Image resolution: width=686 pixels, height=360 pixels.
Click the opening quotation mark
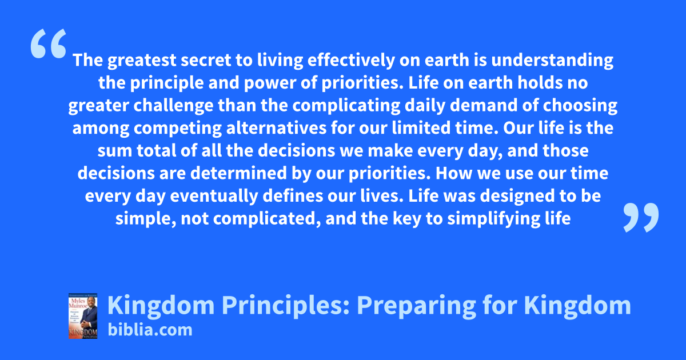click(x=49, y=43)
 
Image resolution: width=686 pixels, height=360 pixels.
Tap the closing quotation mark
click(x=641, y=217)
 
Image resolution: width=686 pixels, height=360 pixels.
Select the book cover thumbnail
click(x=83, y=316)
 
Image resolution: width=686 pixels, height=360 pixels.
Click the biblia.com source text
click(x=150, y=330)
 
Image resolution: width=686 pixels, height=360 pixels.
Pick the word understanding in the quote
click(x=552, y=61)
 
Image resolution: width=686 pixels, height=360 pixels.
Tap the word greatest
click(x=142, y=61)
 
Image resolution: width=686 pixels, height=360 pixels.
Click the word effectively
click(x=351, y=61)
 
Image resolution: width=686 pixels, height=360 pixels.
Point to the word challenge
click(x=173, y=106)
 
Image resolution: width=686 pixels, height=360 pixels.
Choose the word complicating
click(x=346, y=106)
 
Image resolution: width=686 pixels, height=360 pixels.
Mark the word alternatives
click(x=276, y=127)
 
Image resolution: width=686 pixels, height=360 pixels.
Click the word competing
click(x=178, y=128)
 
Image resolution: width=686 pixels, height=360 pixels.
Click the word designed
click(x=517, y=196)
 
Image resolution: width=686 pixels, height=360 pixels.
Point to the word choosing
click(x=580, y=106)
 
